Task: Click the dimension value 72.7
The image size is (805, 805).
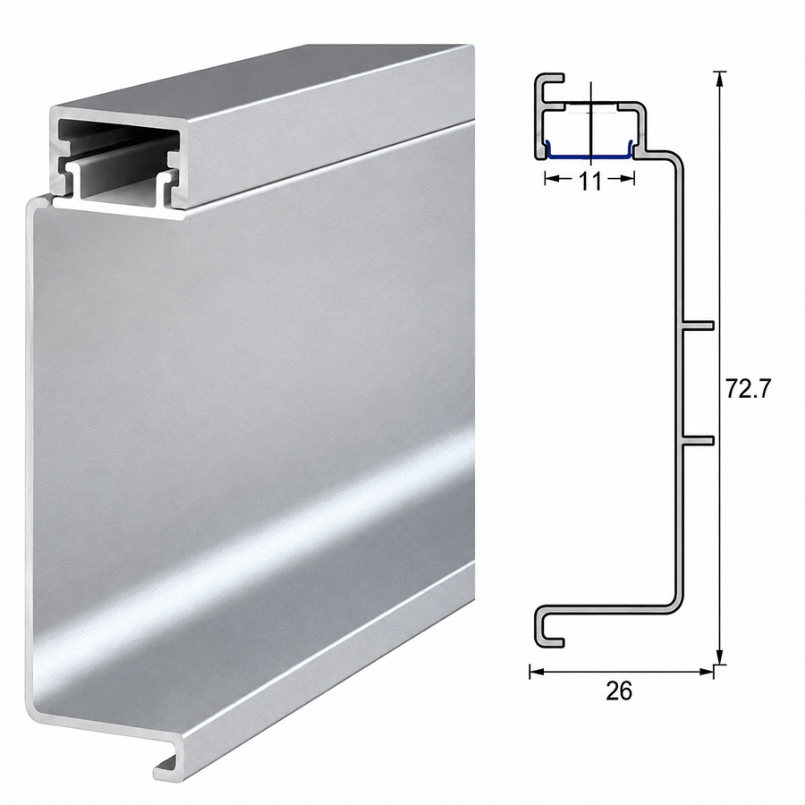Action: point(749,388)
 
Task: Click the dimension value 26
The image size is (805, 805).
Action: point(619,691)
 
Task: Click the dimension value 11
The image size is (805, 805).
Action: point(590,181)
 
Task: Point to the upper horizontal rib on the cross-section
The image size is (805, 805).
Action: point(698,326)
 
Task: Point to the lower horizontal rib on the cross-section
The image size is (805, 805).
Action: point(698,440)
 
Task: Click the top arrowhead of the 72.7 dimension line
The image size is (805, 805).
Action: point(720,79)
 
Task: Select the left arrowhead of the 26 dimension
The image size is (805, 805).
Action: point(537,671)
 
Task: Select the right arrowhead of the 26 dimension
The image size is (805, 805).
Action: point(706,671)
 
